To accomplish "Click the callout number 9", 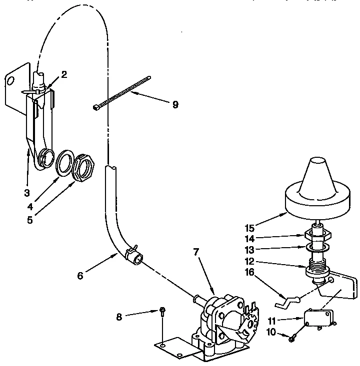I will [175, 105].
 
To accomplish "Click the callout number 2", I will [64, 74].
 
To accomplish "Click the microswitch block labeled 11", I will [317, 318].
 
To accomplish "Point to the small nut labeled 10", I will [292, 339].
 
